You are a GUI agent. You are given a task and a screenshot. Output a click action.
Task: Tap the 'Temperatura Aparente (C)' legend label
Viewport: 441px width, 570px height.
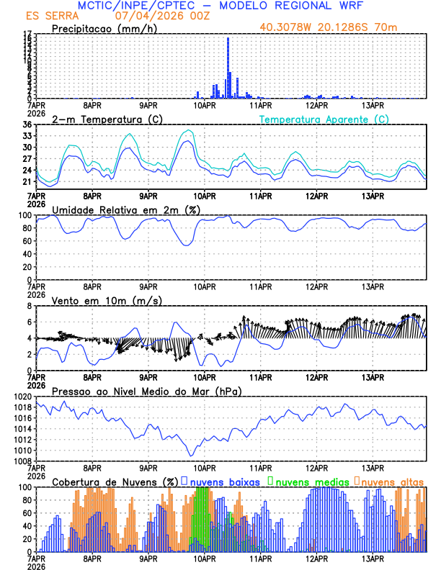point(324,119)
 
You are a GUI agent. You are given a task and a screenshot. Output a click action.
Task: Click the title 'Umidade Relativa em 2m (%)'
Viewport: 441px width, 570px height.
point(126,209)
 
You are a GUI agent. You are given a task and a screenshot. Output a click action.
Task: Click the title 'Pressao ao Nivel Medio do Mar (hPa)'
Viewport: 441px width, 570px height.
point(146,391)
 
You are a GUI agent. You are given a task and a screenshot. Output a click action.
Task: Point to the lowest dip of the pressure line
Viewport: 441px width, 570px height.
point(191,455)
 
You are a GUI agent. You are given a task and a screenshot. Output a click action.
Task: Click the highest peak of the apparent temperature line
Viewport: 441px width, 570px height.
point(189,130)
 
